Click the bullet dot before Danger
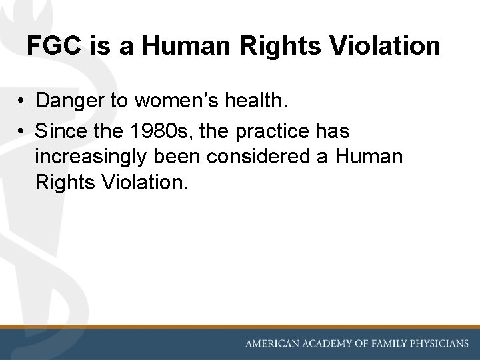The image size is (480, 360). tap(23, 101)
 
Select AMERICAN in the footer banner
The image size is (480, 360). tap(275, 344)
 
